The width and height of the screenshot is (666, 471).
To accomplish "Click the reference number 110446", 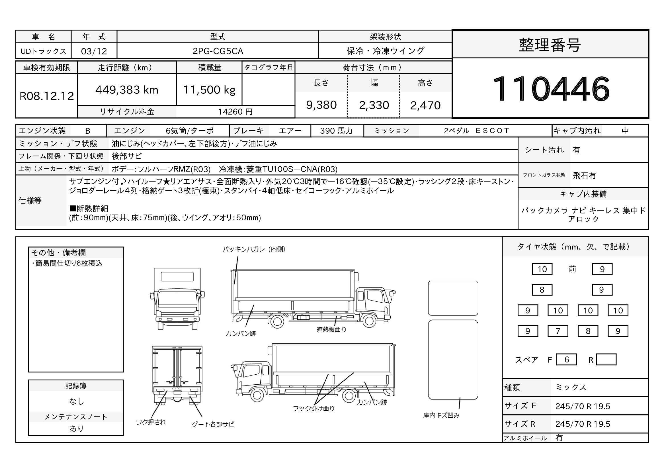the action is click(x=551, y=88).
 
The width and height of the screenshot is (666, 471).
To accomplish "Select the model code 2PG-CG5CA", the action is click(x=218, y=51).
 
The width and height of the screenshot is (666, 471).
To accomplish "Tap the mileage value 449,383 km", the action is click(x=127, y=90).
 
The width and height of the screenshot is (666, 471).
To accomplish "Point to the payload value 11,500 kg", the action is click(x=209, y=90).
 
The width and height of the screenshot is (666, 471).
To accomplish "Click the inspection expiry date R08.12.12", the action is click(x=47, y=96).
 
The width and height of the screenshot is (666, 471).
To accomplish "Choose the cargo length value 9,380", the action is click(x=321, y=105).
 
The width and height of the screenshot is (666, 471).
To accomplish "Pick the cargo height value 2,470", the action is click(x=425, y=105).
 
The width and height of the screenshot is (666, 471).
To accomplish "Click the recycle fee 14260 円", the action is click(x=235, y=112).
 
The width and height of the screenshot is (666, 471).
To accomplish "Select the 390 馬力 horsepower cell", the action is click(x=337, y=131).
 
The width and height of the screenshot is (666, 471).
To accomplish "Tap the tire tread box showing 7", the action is click(x=558, y=331).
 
